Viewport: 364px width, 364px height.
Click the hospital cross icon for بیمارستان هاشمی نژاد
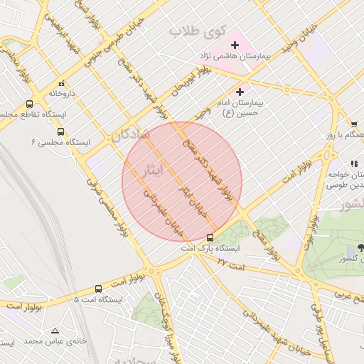tap(235, 45)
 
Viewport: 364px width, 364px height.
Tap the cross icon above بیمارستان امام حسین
tap(240, 92)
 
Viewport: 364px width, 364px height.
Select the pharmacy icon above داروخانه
tap(62, 83)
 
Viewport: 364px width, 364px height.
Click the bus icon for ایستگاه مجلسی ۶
tap(60, 132)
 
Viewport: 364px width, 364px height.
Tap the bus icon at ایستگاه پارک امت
tap(210, 237)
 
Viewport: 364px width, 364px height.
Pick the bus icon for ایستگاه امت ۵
tap(98, 289)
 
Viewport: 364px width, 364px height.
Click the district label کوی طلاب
tap(197, 32)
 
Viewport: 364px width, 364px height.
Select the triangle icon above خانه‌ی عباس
tap(55, 331)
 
